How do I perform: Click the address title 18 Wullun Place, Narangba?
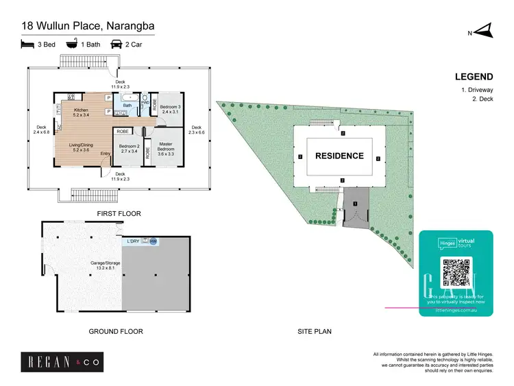(x=88, y=27)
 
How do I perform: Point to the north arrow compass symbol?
(x=484, y=31)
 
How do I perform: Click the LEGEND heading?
(x=474, y=77)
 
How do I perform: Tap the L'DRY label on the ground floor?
(x=134, y=241)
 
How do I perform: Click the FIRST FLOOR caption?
(x=119, y=214)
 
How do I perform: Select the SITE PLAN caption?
(x=315, y=331)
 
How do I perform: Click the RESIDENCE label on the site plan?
(x=339, y=156)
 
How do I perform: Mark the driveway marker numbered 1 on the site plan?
(x=355, y=204)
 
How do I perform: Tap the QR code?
(x=456, y=272)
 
